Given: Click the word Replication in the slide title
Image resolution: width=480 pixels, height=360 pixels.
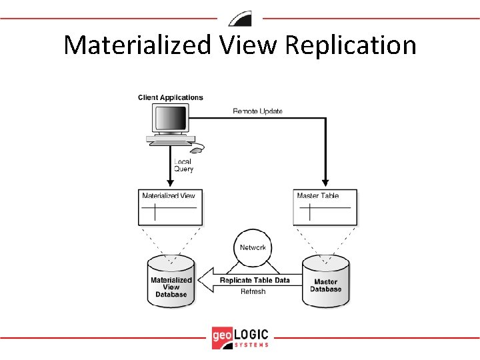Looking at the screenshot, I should pyautogui.click(x=351, y=45).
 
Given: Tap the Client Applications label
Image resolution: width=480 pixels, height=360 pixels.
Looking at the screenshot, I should pyautogui.click(x=171, y=97).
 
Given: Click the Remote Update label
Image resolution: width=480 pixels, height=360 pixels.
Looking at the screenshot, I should pyautogui.click(x=257, y=111).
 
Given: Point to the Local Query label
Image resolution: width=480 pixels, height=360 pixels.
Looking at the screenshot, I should pyautogui.click(x=183, y=165).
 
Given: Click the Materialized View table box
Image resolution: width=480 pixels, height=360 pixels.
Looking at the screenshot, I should pyautogui.click(x=169, y=208).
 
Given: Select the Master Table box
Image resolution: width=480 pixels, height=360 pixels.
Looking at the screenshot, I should pyautogui.click(x=325, y=207).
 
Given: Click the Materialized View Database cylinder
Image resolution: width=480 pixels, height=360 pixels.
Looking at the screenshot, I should pyautogui.click(x=171, y=283).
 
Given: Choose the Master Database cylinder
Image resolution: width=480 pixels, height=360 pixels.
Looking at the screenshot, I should pyautogui.click(x=326, y=283).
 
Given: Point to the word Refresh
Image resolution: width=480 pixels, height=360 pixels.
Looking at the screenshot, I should pyautogui.click(x=253, y=291).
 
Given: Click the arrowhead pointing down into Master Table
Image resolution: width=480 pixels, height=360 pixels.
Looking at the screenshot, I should pyautogui.click(x=325, y=182).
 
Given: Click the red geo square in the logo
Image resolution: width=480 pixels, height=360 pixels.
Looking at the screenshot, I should pyautogui.click(x=223, y=337).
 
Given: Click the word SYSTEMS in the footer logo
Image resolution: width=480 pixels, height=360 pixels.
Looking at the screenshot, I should pyautogui.click(x=252, y=345).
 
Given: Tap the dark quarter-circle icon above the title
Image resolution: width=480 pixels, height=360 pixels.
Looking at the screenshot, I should pyautogui.click(x=239, y=18).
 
